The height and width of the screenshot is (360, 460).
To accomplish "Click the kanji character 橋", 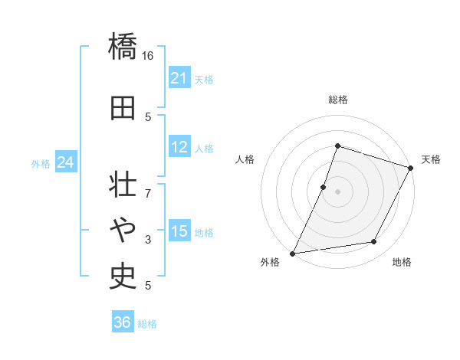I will point(123,48).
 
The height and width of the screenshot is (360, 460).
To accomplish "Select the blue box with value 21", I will point(179,77).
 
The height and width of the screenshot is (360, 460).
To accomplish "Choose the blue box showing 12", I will point(179,148).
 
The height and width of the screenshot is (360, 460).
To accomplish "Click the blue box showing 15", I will point(179,231).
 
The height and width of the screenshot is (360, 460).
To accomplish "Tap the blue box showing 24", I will point(66,162).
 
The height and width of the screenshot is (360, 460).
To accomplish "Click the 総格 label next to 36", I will point(147,324).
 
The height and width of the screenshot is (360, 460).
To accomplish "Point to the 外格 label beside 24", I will point(41,164).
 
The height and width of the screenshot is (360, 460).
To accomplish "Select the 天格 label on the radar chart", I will point(431,159).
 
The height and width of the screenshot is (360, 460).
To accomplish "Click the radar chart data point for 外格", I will point(292,254).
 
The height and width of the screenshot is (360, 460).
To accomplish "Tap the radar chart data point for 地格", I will point(374,242).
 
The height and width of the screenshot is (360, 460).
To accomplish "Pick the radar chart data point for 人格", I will point(324,187).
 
